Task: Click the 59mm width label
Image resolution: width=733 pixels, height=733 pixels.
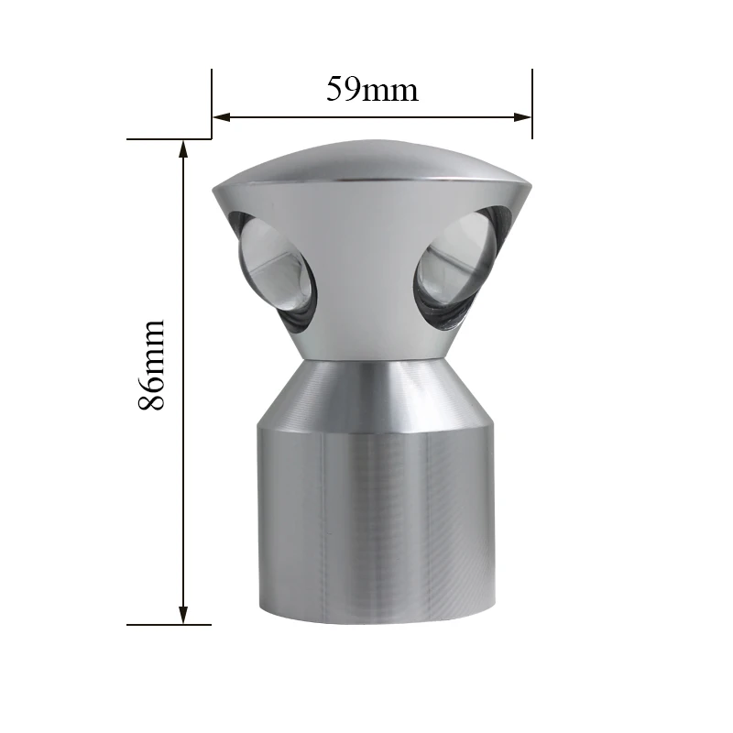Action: (x=372, y=89)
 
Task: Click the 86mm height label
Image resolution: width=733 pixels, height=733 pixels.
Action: (x=151, y=365)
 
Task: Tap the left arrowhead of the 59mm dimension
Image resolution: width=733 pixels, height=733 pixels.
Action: (x=222, y=117)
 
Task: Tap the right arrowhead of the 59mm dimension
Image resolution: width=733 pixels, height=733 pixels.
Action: (x=522, y=117)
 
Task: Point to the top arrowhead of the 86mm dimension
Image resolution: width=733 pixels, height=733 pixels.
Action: (x=183, y=148)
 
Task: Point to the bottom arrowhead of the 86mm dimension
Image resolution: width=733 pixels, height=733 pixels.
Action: (x=183, y=615)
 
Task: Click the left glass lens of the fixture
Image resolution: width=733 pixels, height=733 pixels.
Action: (x=276, y=272)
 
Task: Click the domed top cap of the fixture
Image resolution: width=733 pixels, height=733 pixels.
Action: (x=372, y=161)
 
